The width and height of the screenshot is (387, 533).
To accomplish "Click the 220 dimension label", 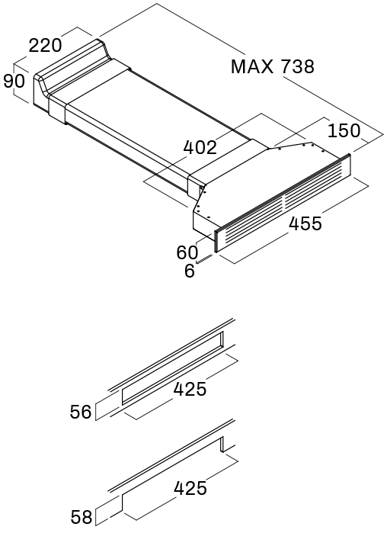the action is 45,45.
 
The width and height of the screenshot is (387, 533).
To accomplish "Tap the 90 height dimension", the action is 14,82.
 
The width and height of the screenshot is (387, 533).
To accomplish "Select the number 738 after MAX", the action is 297,66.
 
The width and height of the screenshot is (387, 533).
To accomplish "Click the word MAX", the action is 252,66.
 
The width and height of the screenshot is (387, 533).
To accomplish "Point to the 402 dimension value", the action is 200,147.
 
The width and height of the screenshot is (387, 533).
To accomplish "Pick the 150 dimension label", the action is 344,130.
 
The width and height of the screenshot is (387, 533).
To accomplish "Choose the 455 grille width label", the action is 305,223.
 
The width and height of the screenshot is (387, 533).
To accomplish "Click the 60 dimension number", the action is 187,252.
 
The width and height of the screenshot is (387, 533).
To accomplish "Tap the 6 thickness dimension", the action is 190,271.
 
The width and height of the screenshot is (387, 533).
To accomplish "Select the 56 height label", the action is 81,412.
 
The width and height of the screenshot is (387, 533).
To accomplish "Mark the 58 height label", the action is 82,517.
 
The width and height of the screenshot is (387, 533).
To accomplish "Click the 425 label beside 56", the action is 190,389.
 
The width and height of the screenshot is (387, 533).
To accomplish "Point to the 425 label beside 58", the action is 190,488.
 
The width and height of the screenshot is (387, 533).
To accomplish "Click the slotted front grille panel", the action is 283,203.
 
